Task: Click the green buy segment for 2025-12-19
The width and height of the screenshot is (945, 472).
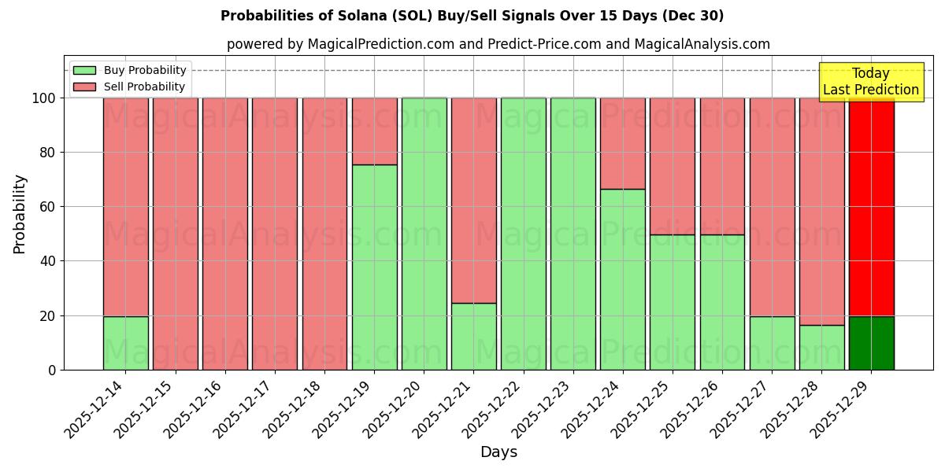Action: (x=374, y=267)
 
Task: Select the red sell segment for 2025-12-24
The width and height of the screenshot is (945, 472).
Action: (x=623, y=143)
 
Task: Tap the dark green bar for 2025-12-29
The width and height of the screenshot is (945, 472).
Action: (x=872, y=343)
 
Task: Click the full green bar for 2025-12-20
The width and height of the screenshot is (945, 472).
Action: (x=424, y=234)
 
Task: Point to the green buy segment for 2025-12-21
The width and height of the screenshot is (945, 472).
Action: (x=474, y=337)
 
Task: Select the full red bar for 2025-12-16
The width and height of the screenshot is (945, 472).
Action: (x=225, y=234)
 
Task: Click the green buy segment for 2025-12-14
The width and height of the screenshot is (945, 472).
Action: (x=126, y=343)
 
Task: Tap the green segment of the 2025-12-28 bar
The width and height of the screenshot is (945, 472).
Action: (x=822, y=348)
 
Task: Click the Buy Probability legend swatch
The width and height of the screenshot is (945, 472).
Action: (x=84, y=71)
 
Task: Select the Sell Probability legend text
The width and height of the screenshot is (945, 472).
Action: (x=144, y=87)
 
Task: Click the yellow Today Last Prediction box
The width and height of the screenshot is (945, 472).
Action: (x=871, y=82)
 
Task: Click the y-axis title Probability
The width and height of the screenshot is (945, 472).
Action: (x=20, y=214)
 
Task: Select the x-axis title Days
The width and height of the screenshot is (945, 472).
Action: (x=498, y=452)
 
